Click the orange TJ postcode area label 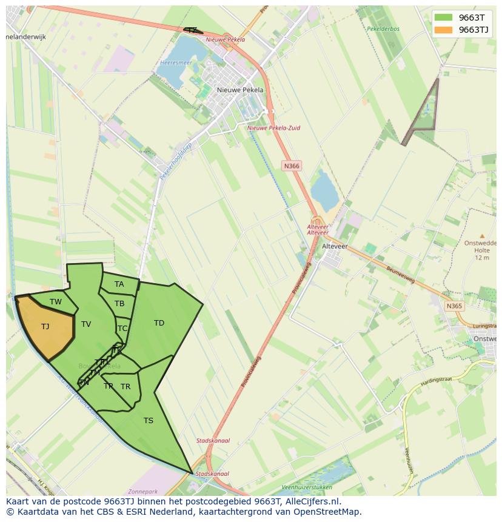click(45, 327)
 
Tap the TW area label click(56, 302)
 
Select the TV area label click(86, 324)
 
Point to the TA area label click(119, 284)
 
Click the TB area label click(119, 304)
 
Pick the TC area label click(122, 329)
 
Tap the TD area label click(159, 323)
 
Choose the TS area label click(149, 420)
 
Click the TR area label click(125, 386)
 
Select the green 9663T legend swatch click(444, 18)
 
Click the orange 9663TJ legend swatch click(444, 30)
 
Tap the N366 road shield click(292, 166)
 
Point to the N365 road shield click(454, 306)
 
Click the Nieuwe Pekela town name click(241, 90)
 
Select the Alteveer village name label click(335, 246)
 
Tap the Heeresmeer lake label click(176, 62)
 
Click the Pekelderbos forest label click(383, 28)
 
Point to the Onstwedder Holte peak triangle click(482, 236)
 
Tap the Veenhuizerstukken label click(307, 487)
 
